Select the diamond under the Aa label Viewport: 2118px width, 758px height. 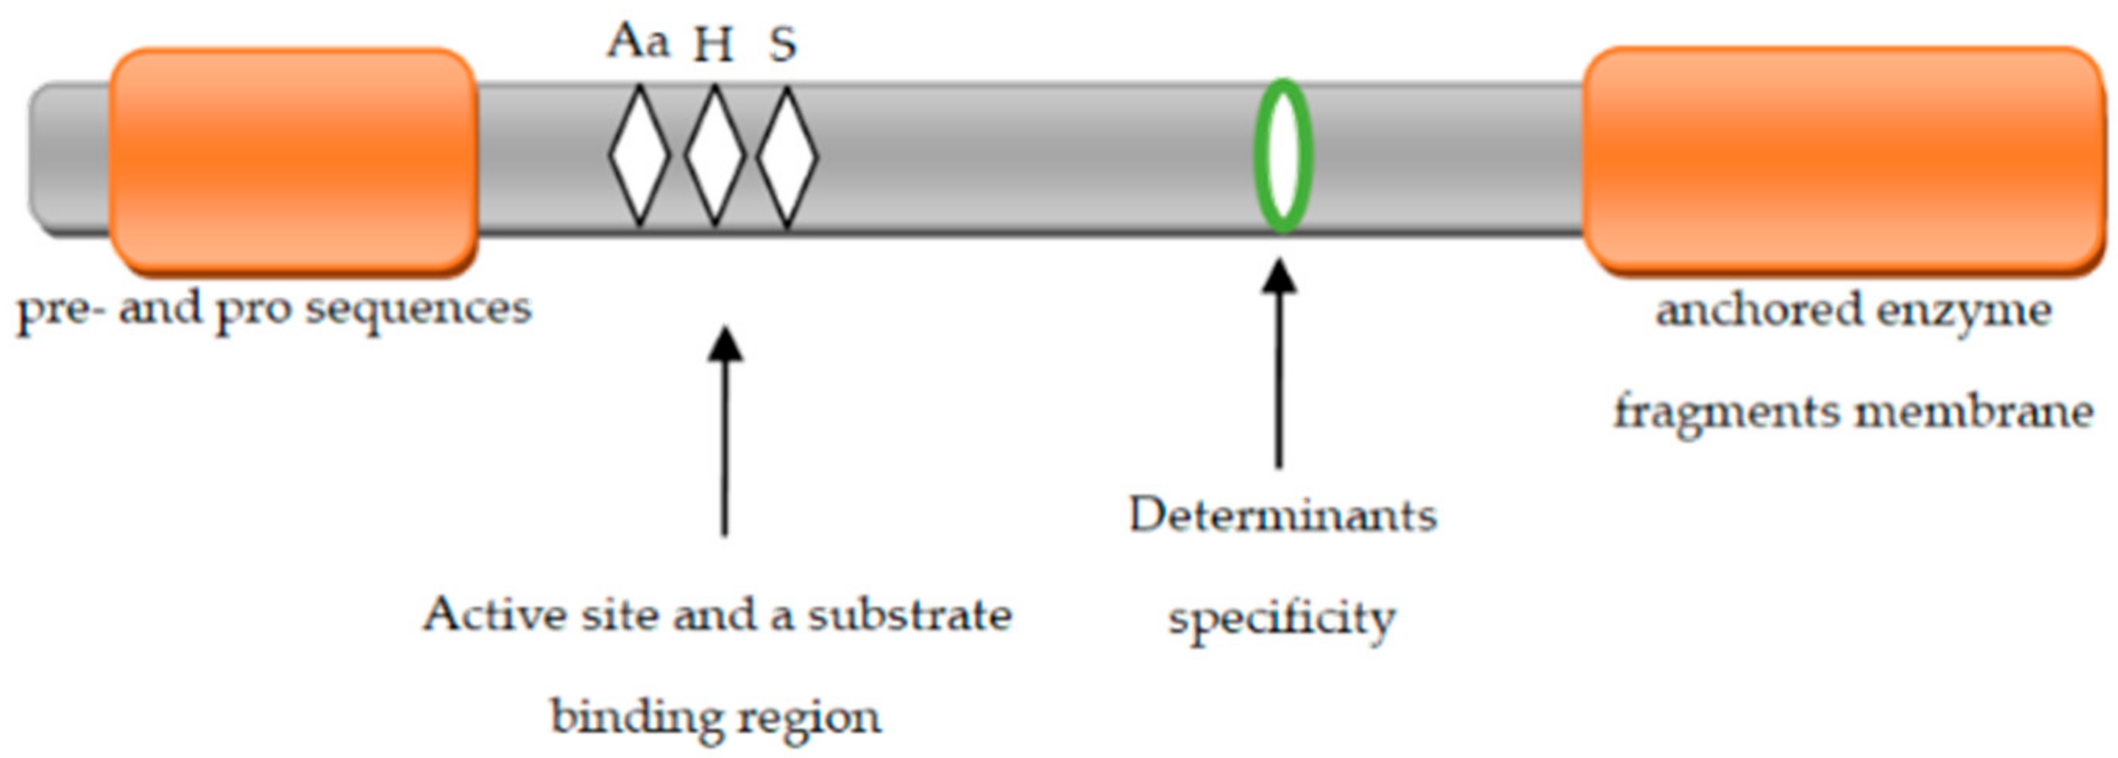(640, 155)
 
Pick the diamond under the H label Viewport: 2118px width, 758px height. (715, 155)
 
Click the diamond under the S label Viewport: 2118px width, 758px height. (787, 155)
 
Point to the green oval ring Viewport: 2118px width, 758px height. (1283, 155)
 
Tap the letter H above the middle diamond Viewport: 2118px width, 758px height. (713, 44)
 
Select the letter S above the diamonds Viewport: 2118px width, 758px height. (782, 44)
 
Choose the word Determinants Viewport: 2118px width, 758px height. (1283, 516)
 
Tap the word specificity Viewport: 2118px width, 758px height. (1283, 619)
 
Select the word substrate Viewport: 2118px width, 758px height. (910, 615)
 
